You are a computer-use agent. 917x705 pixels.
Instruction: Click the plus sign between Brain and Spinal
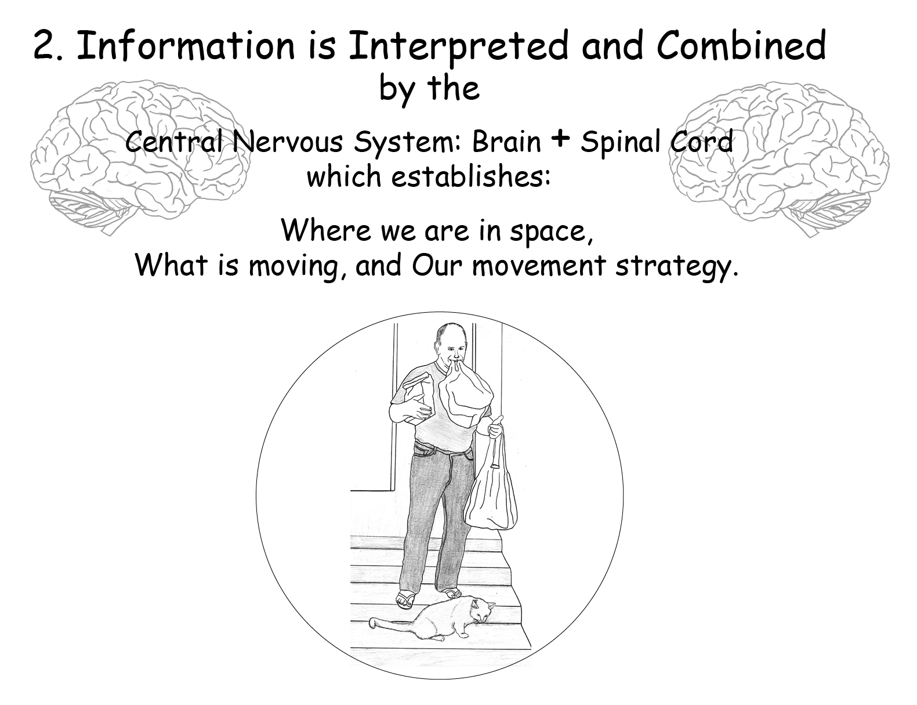tap(560, 139)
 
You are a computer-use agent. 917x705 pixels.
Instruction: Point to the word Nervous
tap(287, 142)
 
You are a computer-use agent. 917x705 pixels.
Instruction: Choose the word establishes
tap(470, 176)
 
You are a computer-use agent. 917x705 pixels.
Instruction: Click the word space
tap(551, 232)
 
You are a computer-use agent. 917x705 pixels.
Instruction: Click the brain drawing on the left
tap(139, 156)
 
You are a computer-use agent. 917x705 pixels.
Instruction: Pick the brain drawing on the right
tap(779, 158)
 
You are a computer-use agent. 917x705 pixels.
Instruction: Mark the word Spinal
tap(620, 143)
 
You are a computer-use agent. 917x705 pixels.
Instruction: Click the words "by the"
tap(430, 89)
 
